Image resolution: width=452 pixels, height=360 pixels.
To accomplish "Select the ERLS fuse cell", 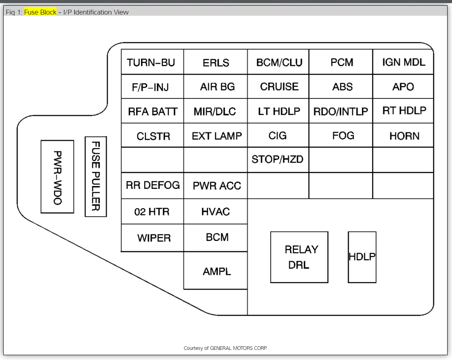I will point(216,62).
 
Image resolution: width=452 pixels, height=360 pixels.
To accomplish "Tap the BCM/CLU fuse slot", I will point(278,62).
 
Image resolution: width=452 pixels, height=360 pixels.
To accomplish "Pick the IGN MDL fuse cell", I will point(403,62).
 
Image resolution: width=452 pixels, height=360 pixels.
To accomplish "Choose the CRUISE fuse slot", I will point(278,86).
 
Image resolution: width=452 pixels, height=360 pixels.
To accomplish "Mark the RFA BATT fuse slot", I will point(152,111).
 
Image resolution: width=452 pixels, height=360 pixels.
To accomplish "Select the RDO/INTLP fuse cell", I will point(341,111).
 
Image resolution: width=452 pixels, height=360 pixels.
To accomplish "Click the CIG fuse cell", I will point(278,136).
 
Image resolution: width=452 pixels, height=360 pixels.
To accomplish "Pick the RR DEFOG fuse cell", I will point(152,185).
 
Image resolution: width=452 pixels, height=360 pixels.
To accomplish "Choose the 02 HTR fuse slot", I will point(152,211).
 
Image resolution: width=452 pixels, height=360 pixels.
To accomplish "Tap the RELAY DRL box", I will point(299,257).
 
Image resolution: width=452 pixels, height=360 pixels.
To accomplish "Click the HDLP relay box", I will point(362,257).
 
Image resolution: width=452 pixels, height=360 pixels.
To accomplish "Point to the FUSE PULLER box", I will point(96,176).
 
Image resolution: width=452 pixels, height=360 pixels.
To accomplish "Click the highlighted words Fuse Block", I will point(40,12).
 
